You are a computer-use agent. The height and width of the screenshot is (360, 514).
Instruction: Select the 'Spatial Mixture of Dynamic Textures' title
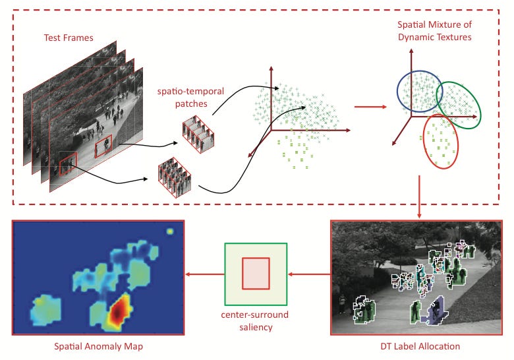434,31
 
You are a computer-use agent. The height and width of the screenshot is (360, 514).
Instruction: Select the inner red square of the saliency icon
255,272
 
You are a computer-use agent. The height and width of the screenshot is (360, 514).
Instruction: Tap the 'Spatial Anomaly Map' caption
98,345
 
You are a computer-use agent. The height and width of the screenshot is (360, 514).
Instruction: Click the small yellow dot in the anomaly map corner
171,231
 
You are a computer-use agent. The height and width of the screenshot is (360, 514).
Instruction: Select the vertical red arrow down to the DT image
419,198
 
